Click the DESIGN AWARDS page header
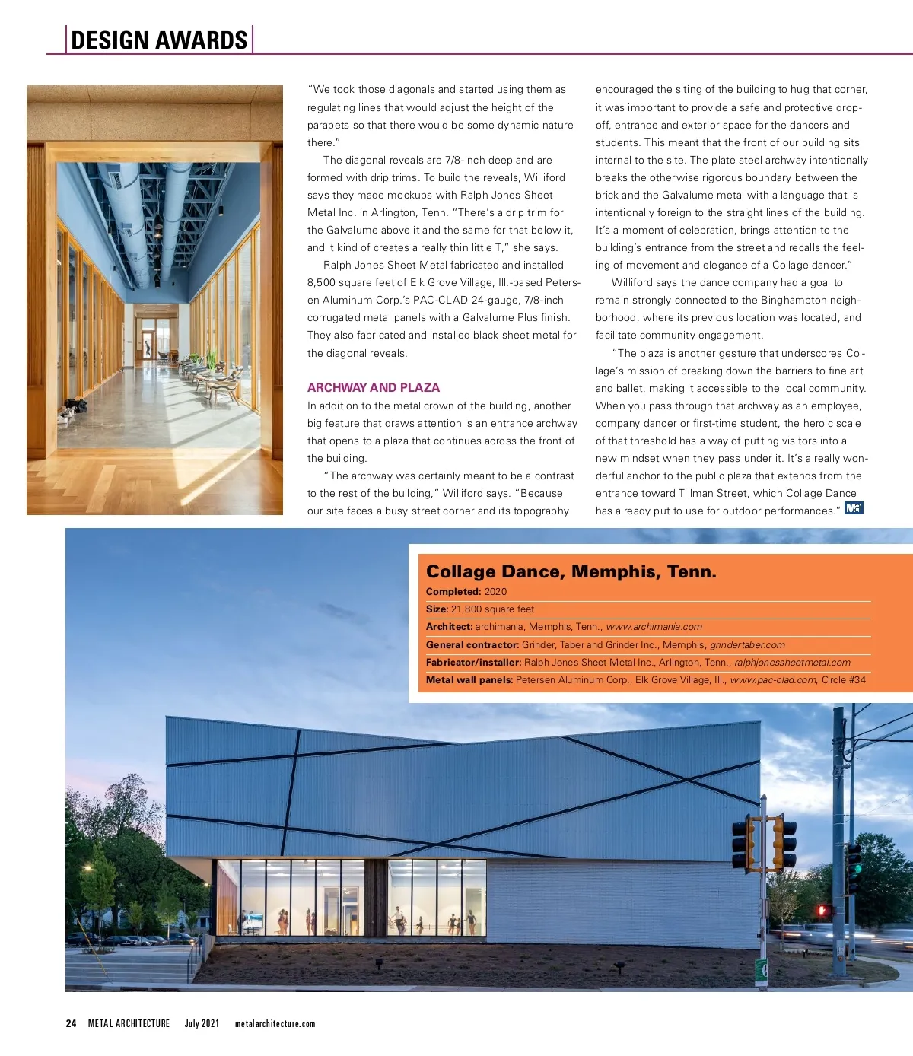(159, 40)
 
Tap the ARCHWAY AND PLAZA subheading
(373, 387)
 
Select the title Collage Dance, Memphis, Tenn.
(571, 571)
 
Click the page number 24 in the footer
(71, 1023)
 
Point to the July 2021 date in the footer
(202, 1023)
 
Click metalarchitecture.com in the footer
(275, 1023)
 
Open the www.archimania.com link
(654, 627)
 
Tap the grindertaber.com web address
(747, 644)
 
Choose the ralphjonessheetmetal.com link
(792, 662)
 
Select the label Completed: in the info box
(453, 591)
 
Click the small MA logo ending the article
(854, 508)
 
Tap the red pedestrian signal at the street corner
(822, 910)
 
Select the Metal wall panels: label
(469, 679)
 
